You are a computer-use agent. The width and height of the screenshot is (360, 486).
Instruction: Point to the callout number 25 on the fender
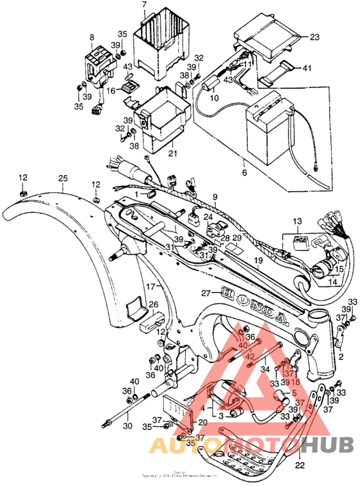tap(62, 178)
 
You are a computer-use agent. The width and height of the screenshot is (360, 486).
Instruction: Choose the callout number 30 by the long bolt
tap(127, 426)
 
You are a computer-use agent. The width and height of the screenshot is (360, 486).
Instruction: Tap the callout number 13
tap(296, 221)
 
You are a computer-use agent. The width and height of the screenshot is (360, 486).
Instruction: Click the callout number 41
tap(307, 68)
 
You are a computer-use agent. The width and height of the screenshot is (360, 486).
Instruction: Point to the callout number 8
tap(91, 38)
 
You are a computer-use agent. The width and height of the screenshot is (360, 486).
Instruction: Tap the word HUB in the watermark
tap(327, 445)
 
